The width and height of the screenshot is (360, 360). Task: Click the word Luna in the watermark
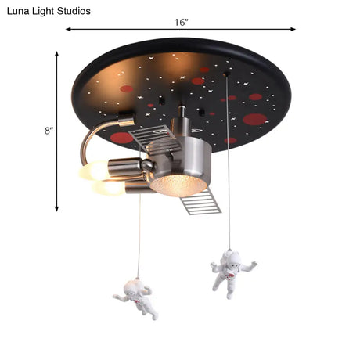[x=16, y=11]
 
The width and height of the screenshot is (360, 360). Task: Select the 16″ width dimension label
[x=182, y=23]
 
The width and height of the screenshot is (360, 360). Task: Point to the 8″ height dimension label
[x=49, y=131]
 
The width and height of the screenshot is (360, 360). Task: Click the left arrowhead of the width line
[x=68, y=29]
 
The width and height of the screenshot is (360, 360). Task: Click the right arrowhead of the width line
[x=293, y=29]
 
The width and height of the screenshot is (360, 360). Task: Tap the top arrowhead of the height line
[x=56, y=54]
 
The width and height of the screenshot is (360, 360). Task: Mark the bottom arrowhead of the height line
[x=56, y=208]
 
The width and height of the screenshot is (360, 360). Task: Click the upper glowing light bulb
[x=93, y=170]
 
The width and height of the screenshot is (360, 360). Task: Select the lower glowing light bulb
[x=108, y=189]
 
